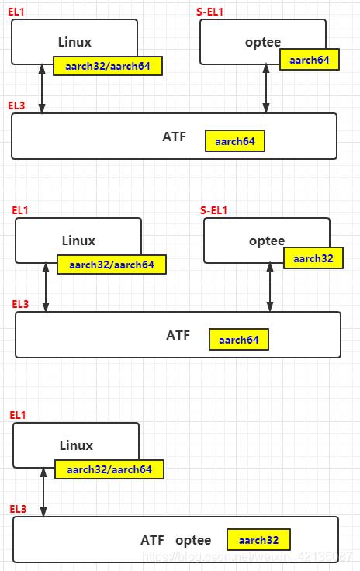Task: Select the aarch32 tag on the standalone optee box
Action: coord(313,258)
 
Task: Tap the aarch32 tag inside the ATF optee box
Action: coord(258,540)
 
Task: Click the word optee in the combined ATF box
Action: coord(193,540)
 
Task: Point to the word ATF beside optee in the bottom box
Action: coord(153,540)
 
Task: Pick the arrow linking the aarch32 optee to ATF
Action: coord(270,287)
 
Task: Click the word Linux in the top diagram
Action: coord(74,42)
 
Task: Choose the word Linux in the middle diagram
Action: coord(78,241)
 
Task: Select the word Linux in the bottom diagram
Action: coord(76,445)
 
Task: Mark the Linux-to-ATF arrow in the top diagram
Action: coord(42,88)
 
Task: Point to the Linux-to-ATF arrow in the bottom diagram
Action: coord(43,492)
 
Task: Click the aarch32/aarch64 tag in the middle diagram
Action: coord(111,265)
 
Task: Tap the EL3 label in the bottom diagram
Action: coord(18,509)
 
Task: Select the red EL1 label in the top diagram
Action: coord(17,12)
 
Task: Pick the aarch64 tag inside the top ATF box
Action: coord(235,141)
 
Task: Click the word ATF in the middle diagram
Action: coord(178,336)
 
